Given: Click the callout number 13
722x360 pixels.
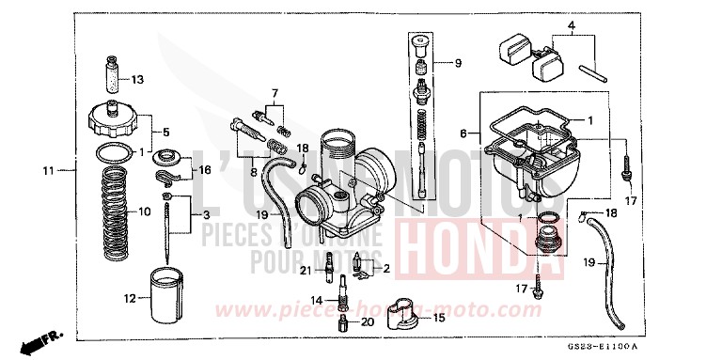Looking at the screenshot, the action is point(137,78).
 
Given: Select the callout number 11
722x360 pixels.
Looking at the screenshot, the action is point(48,171).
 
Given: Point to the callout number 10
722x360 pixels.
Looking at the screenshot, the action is point(145,211).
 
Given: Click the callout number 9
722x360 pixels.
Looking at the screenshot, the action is point(458,64).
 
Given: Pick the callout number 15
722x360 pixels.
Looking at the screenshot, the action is point(438,319).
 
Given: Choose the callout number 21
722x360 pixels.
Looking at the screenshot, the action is point(305,271).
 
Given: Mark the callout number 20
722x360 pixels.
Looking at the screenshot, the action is point(368,321).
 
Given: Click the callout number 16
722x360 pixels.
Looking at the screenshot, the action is point(206,170).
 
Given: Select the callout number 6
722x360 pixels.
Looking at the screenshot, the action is point(463,134).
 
